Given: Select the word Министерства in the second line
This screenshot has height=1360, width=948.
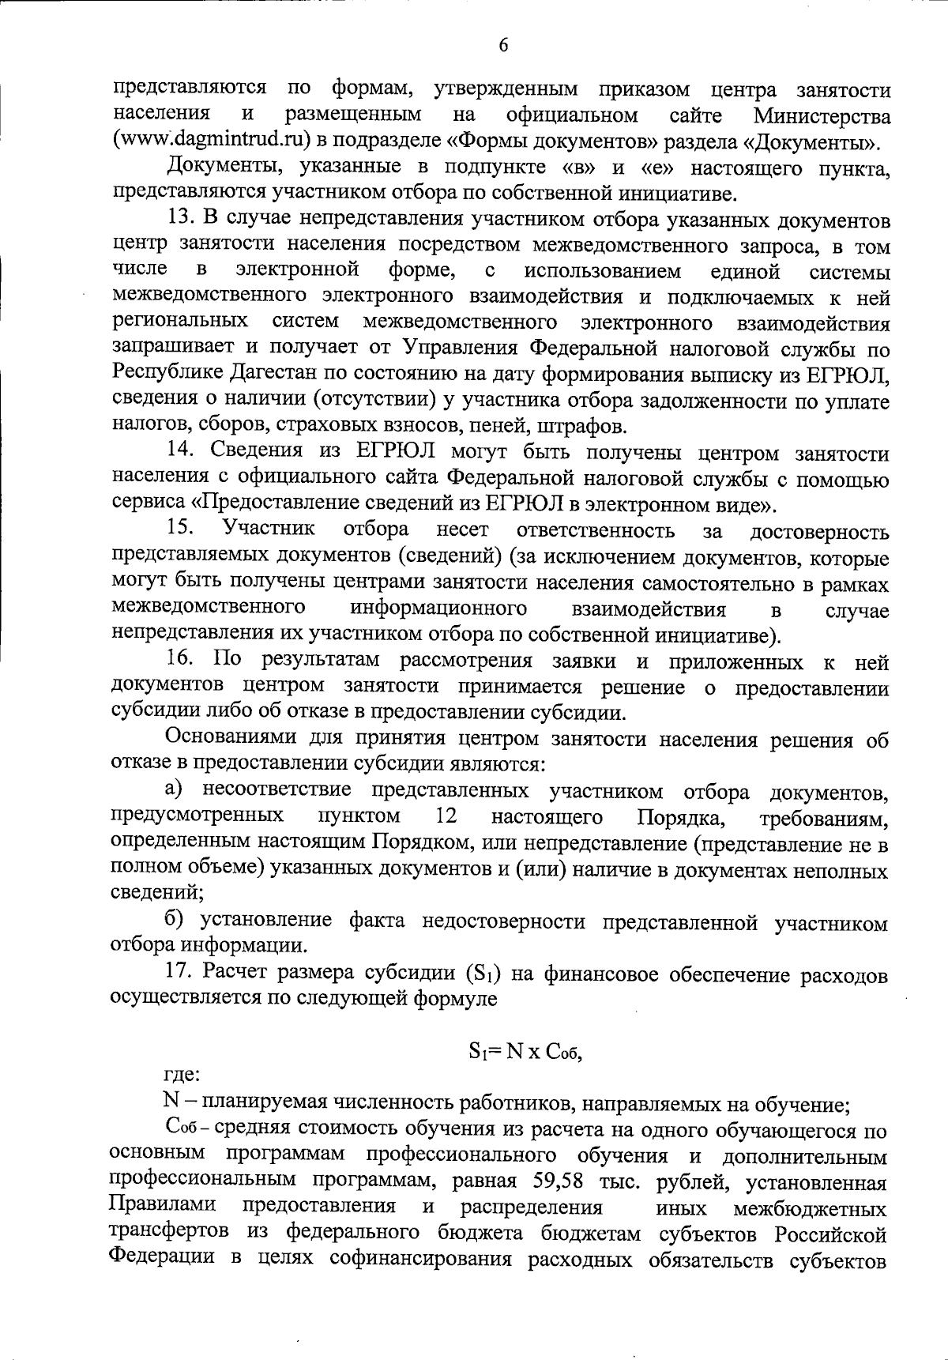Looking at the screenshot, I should pos(822,117).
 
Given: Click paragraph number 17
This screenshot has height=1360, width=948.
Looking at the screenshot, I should pos(181,974).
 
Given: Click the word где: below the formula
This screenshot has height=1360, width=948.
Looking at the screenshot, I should pos(182,1075).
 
